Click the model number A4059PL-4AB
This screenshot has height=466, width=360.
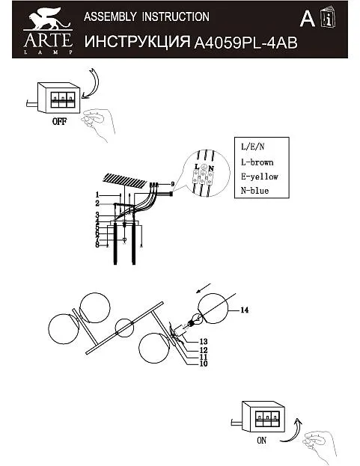point(245,43)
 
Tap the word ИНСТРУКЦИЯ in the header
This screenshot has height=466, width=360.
point(138,42)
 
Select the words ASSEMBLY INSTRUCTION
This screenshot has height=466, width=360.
point(147,16)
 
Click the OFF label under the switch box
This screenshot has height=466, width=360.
point(59,121)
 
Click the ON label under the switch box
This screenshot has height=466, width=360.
point(262,440)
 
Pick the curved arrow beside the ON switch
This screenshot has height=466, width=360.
point(293,431)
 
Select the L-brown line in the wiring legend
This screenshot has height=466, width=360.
point(257,162)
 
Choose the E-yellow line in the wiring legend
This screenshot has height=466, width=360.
point(259,177)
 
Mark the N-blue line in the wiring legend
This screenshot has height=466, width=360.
point(254,191)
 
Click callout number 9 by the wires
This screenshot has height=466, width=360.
point(172,184)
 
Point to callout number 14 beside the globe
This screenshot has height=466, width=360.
point(244,310)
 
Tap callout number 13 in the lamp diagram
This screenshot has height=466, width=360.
point(204,342)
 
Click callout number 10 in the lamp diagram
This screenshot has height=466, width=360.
point(204,364)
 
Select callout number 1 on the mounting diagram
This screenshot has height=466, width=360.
point(97,195)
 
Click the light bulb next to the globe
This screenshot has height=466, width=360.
point(195,320)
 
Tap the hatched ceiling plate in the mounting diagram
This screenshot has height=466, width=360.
point(125,181)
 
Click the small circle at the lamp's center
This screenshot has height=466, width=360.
point(124,328)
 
